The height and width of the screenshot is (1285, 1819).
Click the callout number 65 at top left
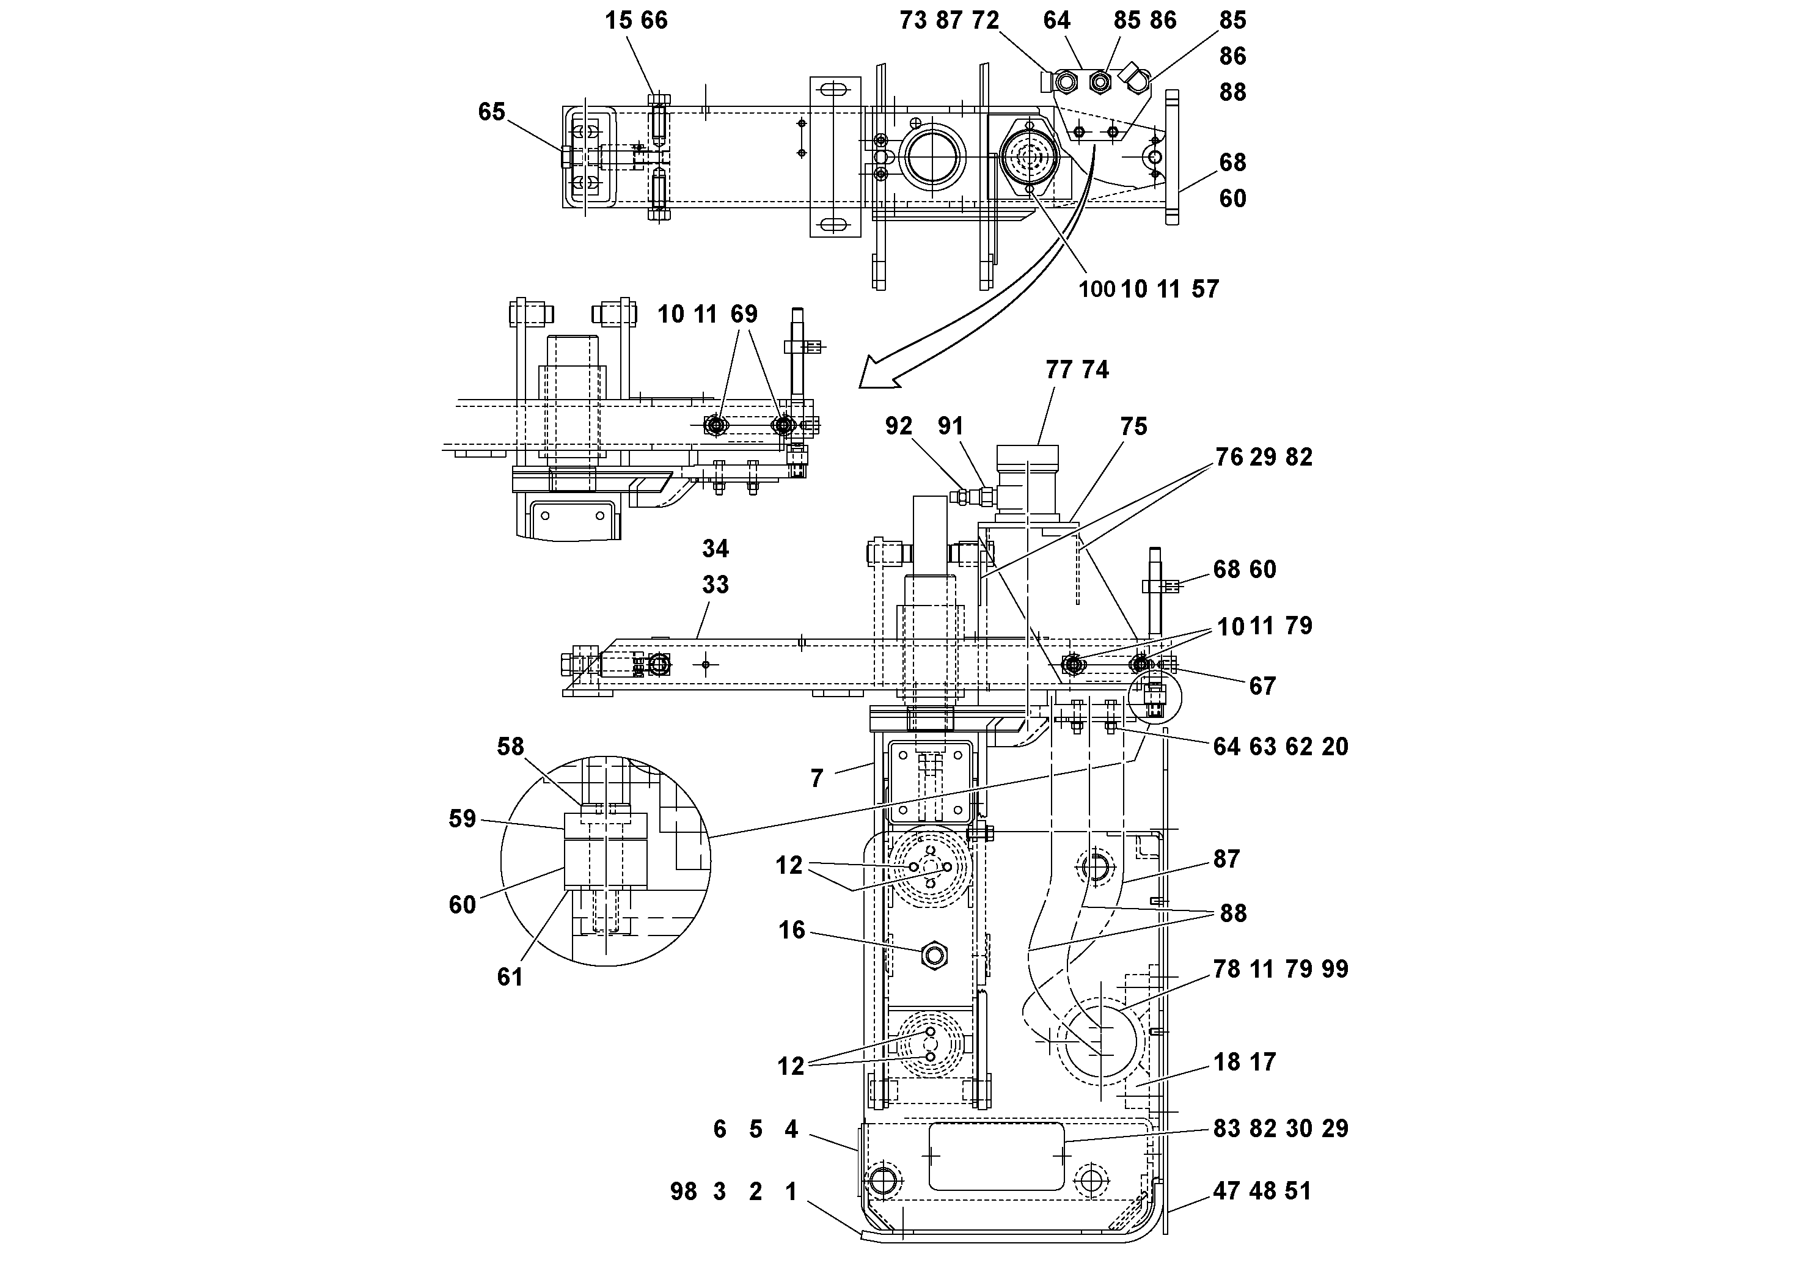(491, 112)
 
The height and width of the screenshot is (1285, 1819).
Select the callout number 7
(817, 779)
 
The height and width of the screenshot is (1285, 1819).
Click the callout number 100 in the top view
(1096, 289)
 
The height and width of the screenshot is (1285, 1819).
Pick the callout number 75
(1133, 427)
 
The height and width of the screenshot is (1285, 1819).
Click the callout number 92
(898, 427)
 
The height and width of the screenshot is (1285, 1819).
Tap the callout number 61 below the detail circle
(510, 977)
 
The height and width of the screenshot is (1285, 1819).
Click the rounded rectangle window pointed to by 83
(996, 1156)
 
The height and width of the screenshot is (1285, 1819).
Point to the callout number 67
(1262, 686)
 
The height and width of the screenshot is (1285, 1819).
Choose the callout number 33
(716, 585)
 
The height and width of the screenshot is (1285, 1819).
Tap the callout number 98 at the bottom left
(684, 1192)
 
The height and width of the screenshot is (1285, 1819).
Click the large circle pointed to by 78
(1100, 1040)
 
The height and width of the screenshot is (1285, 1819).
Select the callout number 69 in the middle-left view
(744, 315)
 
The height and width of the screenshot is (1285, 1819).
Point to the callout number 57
(1205, 289)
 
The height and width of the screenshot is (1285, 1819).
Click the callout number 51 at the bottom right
(1298, 1191)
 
